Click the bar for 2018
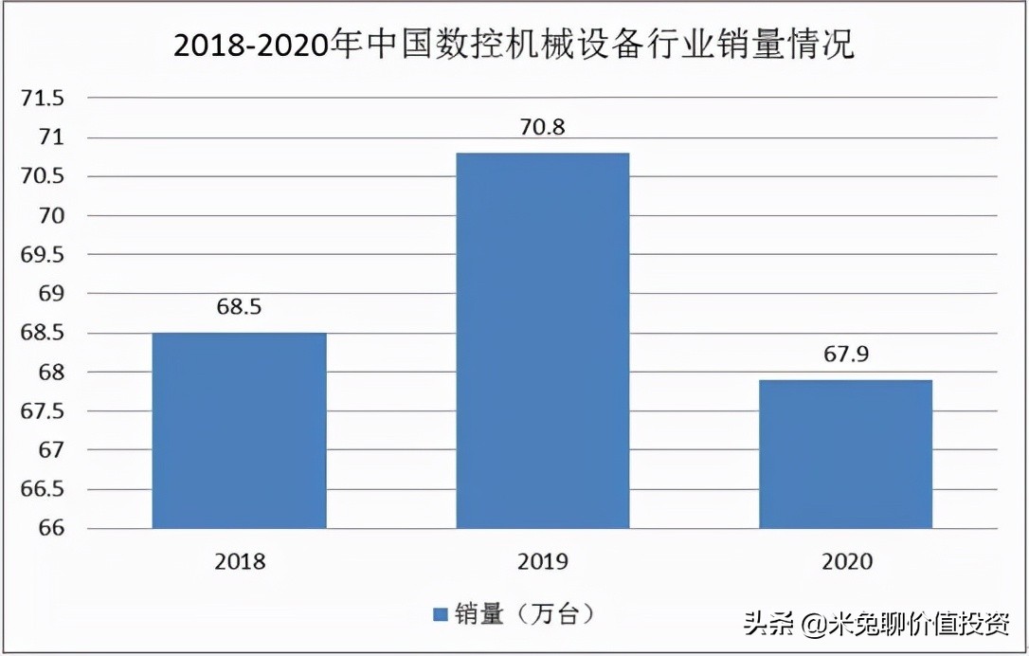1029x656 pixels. [239, 430]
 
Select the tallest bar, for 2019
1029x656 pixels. [542, 340]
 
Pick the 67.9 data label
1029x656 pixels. [845, 355]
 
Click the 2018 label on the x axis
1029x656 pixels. [240, 561]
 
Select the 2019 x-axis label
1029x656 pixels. [543, 561]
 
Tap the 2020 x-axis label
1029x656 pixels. [845, 561]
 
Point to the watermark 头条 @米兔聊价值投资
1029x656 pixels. [876, 624]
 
